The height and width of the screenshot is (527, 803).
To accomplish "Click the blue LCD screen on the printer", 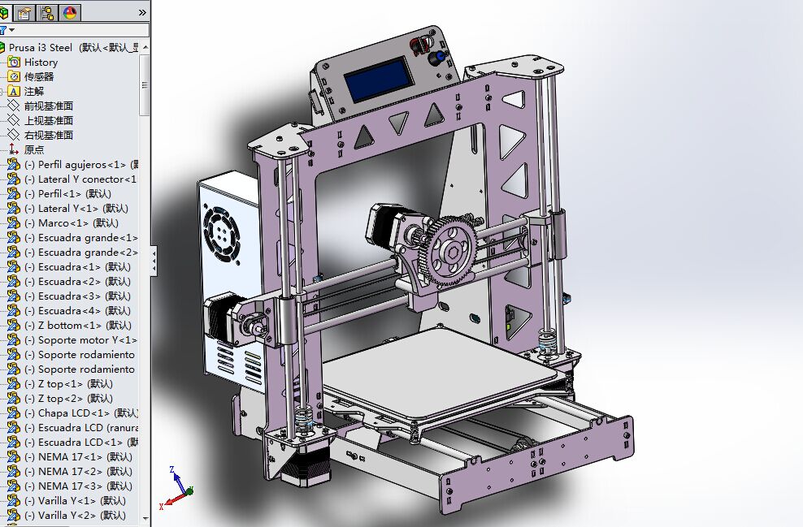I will pos(377,84).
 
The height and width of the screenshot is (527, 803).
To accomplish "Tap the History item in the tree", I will pos(41,63).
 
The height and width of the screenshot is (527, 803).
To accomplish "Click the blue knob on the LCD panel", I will pos(436,58).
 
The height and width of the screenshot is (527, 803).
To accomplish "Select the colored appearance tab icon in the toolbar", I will pos(69,12).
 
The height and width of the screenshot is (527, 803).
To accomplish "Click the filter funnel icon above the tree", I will pos(4,30).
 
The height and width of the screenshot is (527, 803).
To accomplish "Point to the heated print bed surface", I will pos(439,374).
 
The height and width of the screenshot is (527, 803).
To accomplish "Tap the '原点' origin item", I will pos(34,150).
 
